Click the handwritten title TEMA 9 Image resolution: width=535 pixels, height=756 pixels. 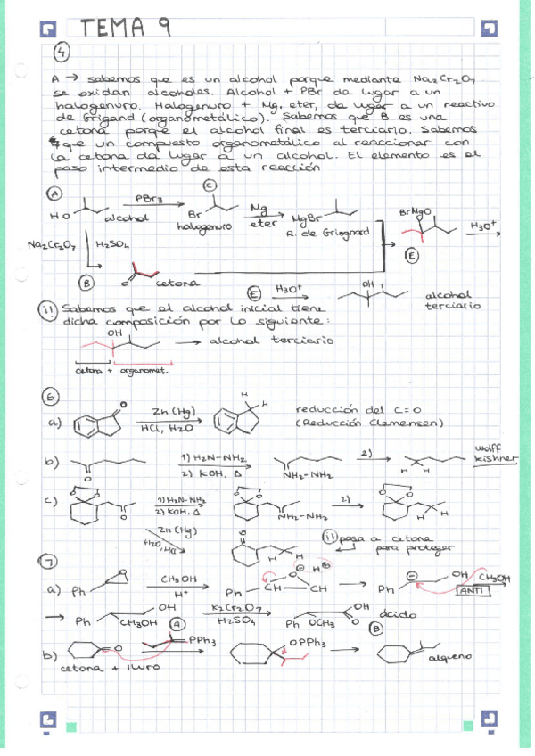[124, 28]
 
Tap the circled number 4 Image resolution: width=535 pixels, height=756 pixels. [61, 53]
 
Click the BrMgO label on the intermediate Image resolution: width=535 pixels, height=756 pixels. [416, 211]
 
